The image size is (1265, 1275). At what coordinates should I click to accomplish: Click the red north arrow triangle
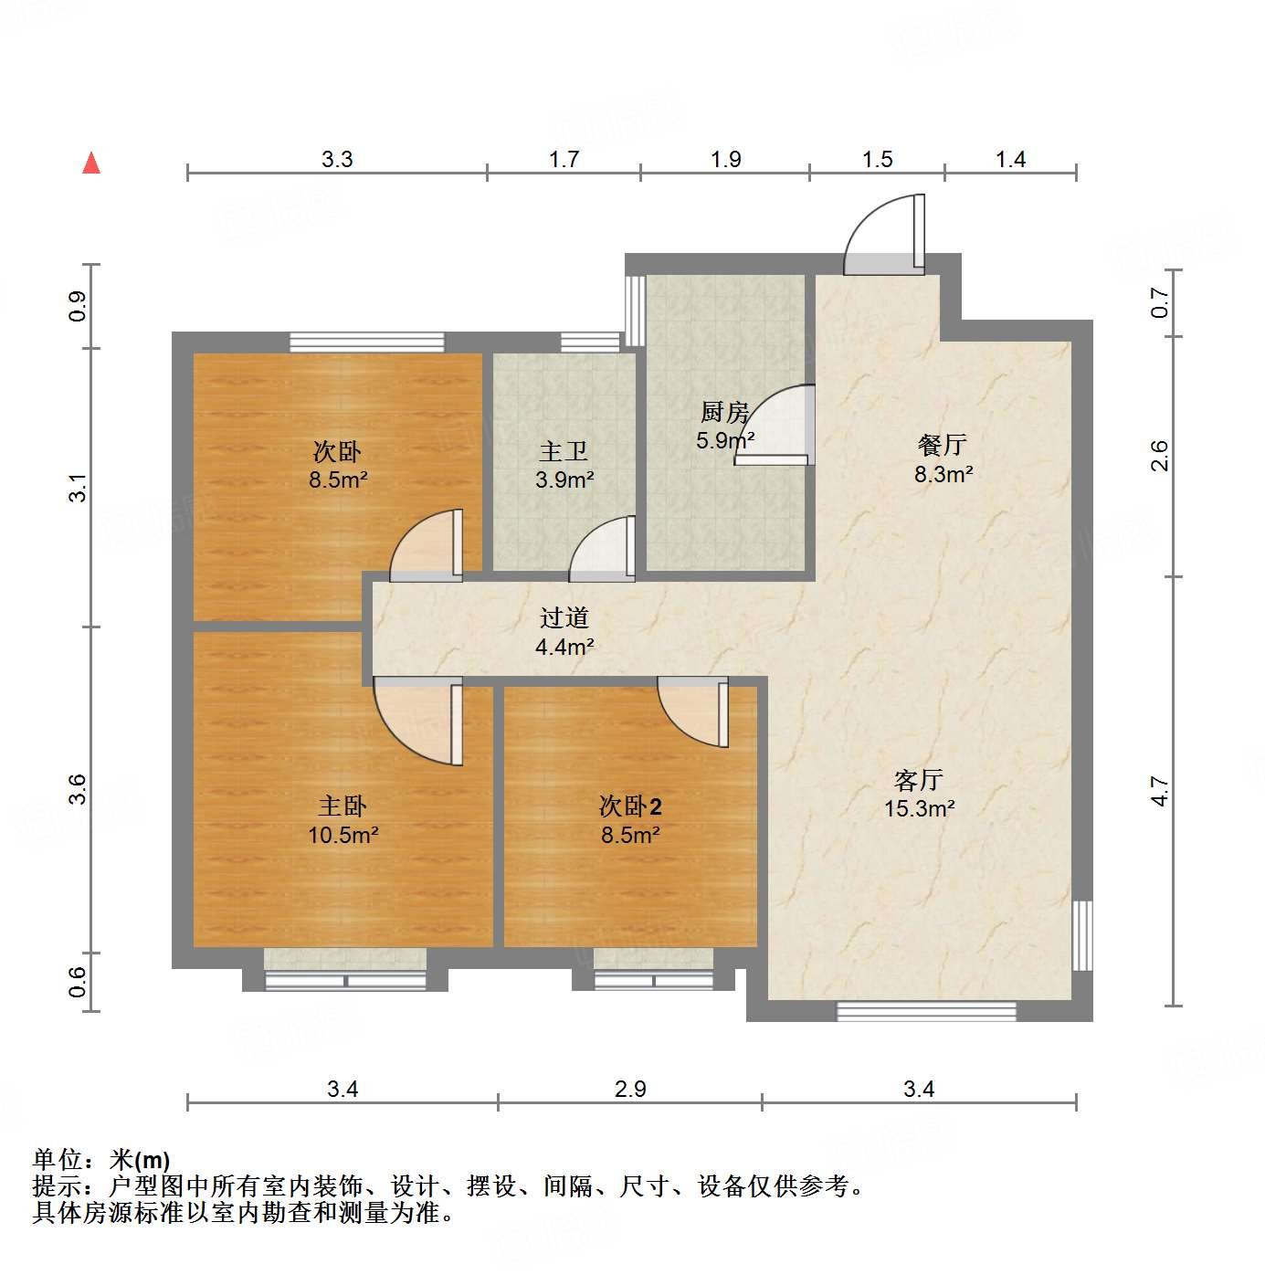coord(91,163)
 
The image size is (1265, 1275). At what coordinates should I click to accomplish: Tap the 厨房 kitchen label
coord(725,413)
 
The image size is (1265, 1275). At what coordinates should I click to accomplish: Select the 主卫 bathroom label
coord(564,451)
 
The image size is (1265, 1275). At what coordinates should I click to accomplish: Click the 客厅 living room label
coord(919,780)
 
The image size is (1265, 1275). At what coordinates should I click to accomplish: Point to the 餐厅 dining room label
coord(943,445)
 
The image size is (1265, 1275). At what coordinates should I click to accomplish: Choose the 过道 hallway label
coord(564,618)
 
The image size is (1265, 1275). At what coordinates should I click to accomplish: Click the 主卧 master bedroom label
coord(343,806)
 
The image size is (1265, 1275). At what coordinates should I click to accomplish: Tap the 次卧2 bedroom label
coord(630,806)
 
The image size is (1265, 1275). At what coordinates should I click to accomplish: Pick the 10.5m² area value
coord(343,835)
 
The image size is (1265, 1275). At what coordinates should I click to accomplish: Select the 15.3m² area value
coord(919,809)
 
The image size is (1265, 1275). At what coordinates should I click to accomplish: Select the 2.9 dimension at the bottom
coord(630,1089)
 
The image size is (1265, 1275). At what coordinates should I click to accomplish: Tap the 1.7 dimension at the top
coord(564,160)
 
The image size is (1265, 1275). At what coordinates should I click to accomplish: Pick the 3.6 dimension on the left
coord(78,789)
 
